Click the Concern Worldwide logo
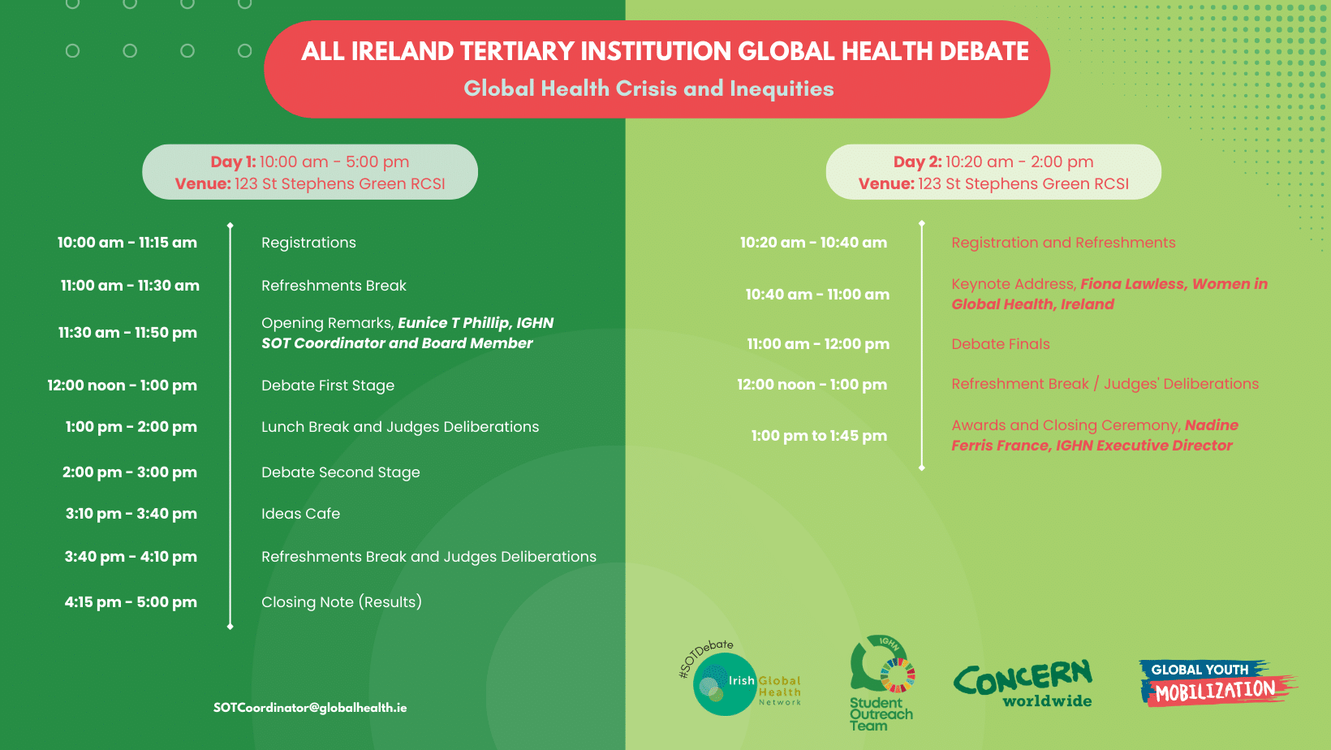1023,683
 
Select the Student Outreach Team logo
881,683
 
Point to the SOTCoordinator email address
310,708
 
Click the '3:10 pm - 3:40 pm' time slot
131,514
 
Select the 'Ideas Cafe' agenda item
300,514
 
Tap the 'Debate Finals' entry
1001,344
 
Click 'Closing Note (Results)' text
342,602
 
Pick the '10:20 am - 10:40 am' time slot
813,243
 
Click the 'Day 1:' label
233,162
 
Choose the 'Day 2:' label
917,162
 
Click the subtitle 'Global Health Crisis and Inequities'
649,88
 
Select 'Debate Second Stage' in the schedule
341,472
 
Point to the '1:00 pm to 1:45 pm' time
819,436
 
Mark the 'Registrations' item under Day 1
309,243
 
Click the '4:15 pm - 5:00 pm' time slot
131,602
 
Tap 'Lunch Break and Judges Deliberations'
400,427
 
